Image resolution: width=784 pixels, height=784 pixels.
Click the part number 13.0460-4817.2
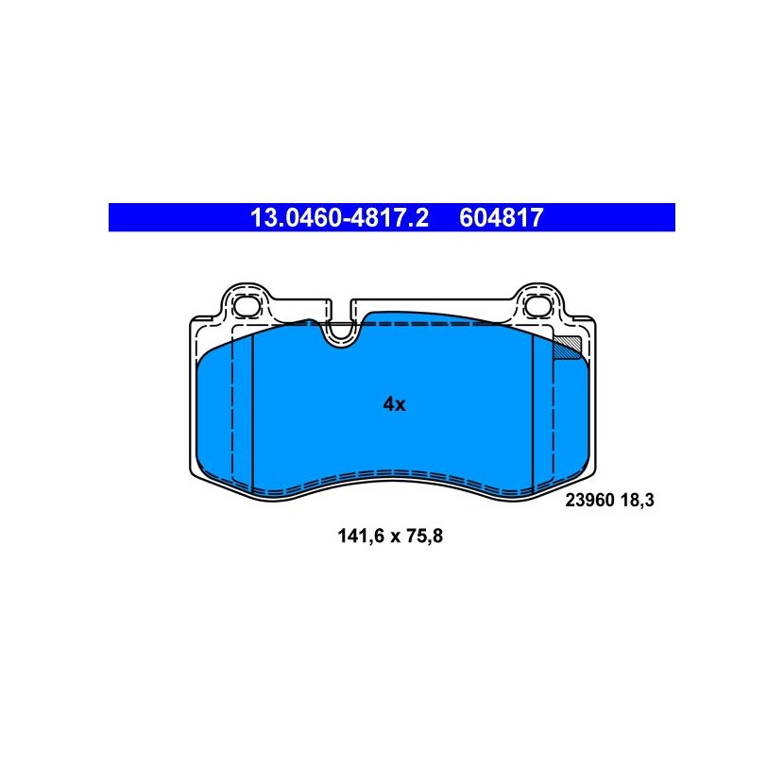(339, 217)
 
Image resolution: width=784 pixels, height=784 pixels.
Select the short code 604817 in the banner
(501, 217)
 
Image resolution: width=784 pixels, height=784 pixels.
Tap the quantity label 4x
(394, 404)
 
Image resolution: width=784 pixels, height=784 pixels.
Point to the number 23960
(589, 500)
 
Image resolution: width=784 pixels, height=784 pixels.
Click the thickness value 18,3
(637, 500)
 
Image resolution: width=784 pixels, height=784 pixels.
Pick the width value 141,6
(361, 536)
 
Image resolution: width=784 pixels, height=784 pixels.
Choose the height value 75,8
(424, 536)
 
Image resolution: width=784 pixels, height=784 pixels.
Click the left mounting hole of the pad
(247, 305)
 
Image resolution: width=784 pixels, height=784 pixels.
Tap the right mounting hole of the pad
(538, 305)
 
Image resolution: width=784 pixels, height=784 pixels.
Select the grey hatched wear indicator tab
(568, 346)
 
